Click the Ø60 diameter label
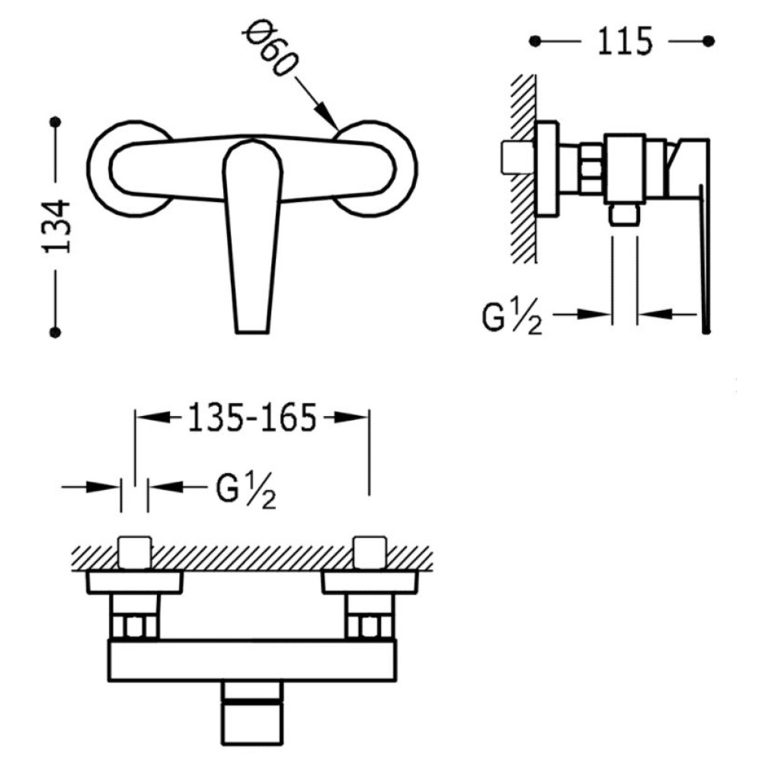click(270, 51)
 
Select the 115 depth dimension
click(624, 41)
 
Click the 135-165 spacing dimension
click(251, 418)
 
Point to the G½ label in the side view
click(512, 318)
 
